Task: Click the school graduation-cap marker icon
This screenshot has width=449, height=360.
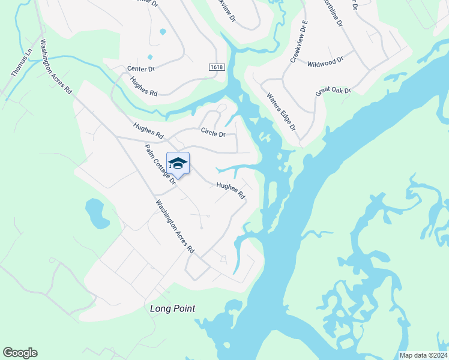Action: pyautogui.click(x=178, y=163)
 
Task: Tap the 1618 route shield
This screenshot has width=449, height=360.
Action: pyautogui.click(x=217, y=67)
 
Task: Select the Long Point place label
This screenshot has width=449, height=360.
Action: pyautogui.click(x=173, y=308)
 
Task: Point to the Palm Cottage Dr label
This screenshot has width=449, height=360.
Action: pyautogui.click(x=158, y=163)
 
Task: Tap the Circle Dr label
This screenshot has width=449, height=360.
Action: pyautogui.click(x=213, y=133)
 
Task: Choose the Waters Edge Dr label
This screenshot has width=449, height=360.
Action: pyautogui.click(x=282, y=112)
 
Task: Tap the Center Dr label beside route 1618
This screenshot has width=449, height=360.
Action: pyautogui.click(x=141, y=69)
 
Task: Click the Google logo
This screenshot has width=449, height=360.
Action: pyautogui.click(x=20, y=353)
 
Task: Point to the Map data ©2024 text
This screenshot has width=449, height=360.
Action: pyautogui.click(x=423, y=355)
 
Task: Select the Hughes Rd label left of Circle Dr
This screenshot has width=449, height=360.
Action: pyautogui.click(x=148, y=131)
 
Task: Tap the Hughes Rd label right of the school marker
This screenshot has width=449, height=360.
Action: pyautogui.click(x=231, y=191)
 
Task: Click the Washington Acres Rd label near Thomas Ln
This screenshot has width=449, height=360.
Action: pyautogui.click(x=56, y=67)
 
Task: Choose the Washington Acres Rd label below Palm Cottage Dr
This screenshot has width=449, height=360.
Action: pyautogui.click(x=175, y=226)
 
